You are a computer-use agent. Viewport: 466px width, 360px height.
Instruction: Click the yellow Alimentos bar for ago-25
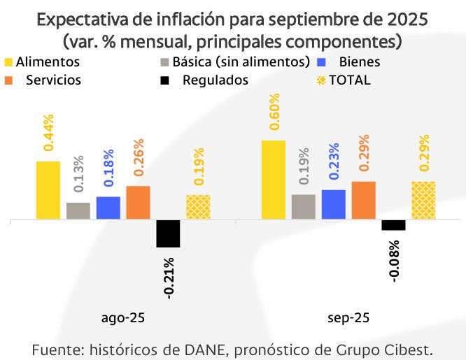point(48,190)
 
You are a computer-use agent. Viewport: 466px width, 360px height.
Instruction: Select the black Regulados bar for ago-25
point(168,233)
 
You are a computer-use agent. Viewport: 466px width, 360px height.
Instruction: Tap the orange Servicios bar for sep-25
point(363,201)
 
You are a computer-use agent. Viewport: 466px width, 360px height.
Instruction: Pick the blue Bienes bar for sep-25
point(334,205)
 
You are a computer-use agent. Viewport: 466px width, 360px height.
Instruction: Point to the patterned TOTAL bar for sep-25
point(423,201)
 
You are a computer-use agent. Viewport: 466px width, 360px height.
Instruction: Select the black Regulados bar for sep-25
point(393,225)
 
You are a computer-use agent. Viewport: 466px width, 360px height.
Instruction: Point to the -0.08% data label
point(394,261)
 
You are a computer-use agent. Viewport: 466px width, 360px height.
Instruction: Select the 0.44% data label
point(48,132)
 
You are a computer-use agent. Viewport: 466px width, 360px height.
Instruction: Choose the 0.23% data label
point(334,161)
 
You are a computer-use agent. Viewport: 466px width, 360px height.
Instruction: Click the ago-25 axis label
point(123,318)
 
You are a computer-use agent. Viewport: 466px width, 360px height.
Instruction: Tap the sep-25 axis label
point(348,318)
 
